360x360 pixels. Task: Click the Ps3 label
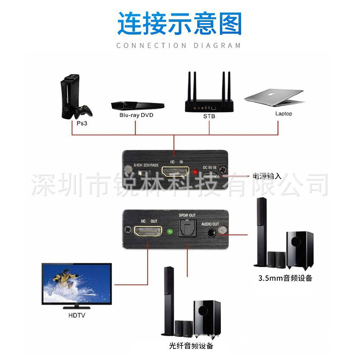tap(81, 123)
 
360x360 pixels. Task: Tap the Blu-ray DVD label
tap(136, 115)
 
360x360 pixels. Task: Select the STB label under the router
tap(209, 116)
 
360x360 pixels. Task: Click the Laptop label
tap(283, 114)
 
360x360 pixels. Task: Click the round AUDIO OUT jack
tap(210, 233)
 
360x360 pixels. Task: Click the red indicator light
tap(195, 172)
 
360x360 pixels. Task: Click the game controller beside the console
tap(84, 110)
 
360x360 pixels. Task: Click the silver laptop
tap(274, 96)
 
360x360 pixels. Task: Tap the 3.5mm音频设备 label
tap(285, 278)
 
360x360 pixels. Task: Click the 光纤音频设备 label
tap(191, 346)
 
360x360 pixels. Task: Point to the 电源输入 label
tap(267, 176)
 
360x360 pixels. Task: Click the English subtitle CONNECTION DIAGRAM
tap(179, 45)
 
